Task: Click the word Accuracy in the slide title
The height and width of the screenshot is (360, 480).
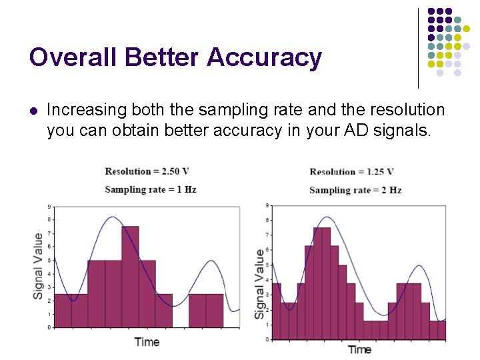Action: [x=264, y=58]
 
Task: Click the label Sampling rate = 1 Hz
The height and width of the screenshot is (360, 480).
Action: [x=150, y=189]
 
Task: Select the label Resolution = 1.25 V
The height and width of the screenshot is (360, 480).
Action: [x=351, y=172]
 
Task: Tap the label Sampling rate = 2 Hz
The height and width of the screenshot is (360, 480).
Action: [x=355, y=190]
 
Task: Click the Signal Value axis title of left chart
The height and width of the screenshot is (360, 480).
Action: [x=39, y=265]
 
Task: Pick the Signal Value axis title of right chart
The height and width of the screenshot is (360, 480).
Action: [x=259, y=283]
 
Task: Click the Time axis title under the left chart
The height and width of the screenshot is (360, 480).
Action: [x=147, y=342]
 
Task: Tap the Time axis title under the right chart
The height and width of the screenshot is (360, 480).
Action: [x=359, y=349]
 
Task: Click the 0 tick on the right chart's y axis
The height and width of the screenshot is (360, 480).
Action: [x=267, y=339]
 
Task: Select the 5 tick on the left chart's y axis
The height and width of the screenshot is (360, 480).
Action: [x=49, y=260]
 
